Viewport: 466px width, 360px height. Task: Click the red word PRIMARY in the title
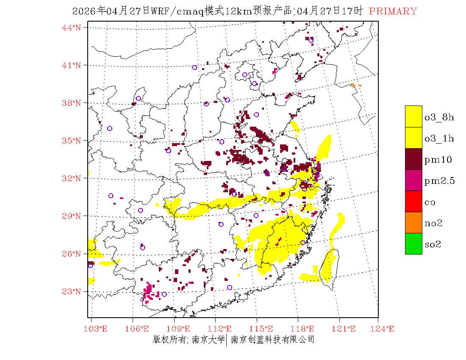(x=393, y=11)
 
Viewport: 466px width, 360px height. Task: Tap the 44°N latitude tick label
(x=72, y=28)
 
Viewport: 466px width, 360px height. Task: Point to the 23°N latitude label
(x=72, y=291)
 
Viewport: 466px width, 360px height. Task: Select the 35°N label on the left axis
(x=72, y=141)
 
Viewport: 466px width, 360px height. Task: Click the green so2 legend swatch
(x=413, y=244)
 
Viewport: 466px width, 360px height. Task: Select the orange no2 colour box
(x=413, y=222)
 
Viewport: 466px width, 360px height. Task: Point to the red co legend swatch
(x=413, y=201)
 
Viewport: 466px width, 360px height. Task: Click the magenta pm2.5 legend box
(x=413, y=180)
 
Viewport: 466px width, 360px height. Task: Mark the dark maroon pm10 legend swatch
(x=413, y=159)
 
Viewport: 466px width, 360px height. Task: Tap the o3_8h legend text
(x=439, y=117)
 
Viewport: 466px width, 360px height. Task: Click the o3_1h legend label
(x=439, y=138)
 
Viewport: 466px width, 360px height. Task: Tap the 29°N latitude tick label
(x=72, y=216)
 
